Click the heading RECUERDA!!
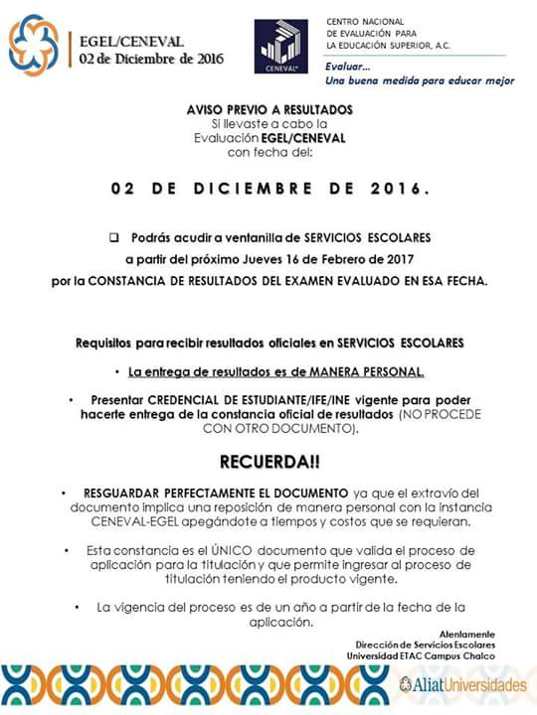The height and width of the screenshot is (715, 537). click(x=268, y=464)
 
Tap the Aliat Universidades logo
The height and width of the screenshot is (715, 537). click(x=461, y=685)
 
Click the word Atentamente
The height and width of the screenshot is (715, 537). click(x=466, y=634)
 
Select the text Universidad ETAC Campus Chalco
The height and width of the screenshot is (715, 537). click(x=435, y=655)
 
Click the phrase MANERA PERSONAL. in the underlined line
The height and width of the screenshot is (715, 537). click(x=368, y=372)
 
